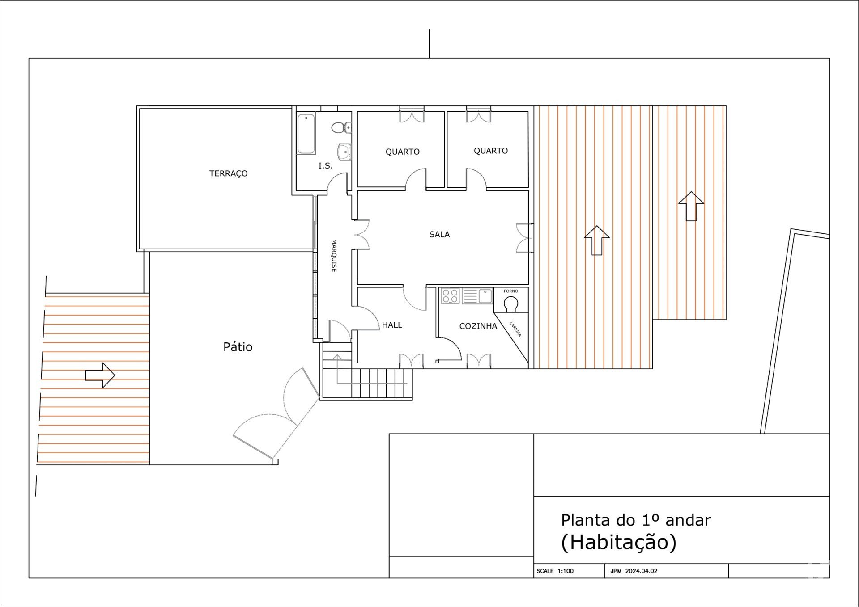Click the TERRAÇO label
(228, 173)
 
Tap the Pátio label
(238, 347)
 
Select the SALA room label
(439, 234)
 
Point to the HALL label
(392, 325)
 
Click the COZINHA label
(478, 326)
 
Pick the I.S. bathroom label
(325, 166)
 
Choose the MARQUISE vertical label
(334, 256)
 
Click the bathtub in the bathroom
(306, 134)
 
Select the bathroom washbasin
(344, 152)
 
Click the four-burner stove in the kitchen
(450, 296)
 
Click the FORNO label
(511, 291)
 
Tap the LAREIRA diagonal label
(515, 329)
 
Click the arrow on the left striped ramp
(100, 375)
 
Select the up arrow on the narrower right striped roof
(691, 206)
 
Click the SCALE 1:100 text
(555, 571)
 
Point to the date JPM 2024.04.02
(634, 571)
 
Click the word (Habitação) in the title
(619, 542)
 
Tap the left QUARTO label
(403, 152)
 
